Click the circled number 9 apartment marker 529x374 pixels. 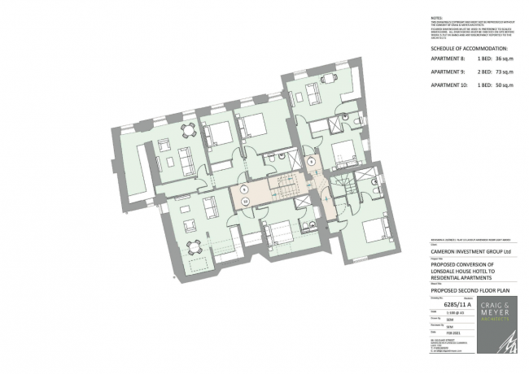point(311,161)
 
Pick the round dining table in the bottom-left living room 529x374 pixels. point(193,245)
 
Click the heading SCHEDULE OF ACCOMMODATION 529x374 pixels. point(467,48)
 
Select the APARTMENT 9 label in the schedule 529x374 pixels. point(447,72)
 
